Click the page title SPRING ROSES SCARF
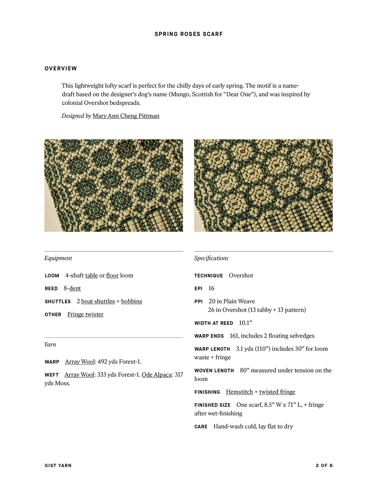188,34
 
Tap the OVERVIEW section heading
61,69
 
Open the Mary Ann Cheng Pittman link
126,116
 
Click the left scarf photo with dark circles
113,185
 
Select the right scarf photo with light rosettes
263,185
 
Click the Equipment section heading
58,258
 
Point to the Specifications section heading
211,258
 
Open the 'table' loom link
91,276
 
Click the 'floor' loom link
112,276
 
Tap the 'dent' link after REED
75,288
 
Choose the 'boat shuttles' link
98,301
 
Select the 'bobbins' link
131,301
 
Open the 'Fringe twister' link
85,315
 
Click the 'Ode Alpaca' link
156,375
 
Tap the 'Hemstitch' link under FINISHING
239,392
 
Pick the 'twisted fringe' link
277,392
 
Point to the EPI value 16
211,288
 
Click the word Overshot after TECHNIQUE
241,276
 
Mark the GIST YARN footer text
58,466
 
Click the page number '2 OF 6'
324,466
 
